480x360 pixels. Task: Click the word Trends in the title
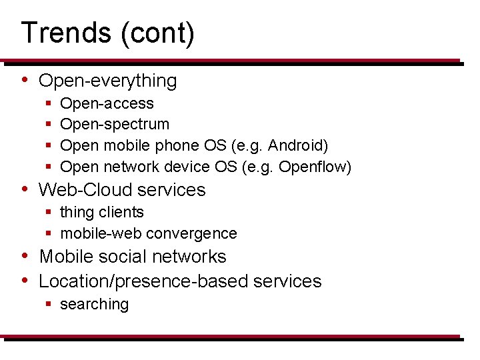click(65, 33)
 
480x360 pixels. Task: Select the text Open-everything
click(108, 81)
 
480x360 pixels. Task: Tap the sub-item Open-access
click(107, 104)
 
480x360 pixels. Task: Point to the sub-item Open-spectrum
click(115, 125)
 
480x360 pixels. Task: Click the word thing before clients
click(76, 213)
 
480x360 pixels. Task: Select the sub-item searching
click(94, 305)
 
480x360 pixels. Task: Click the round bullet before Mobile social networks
click(24, 256)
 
